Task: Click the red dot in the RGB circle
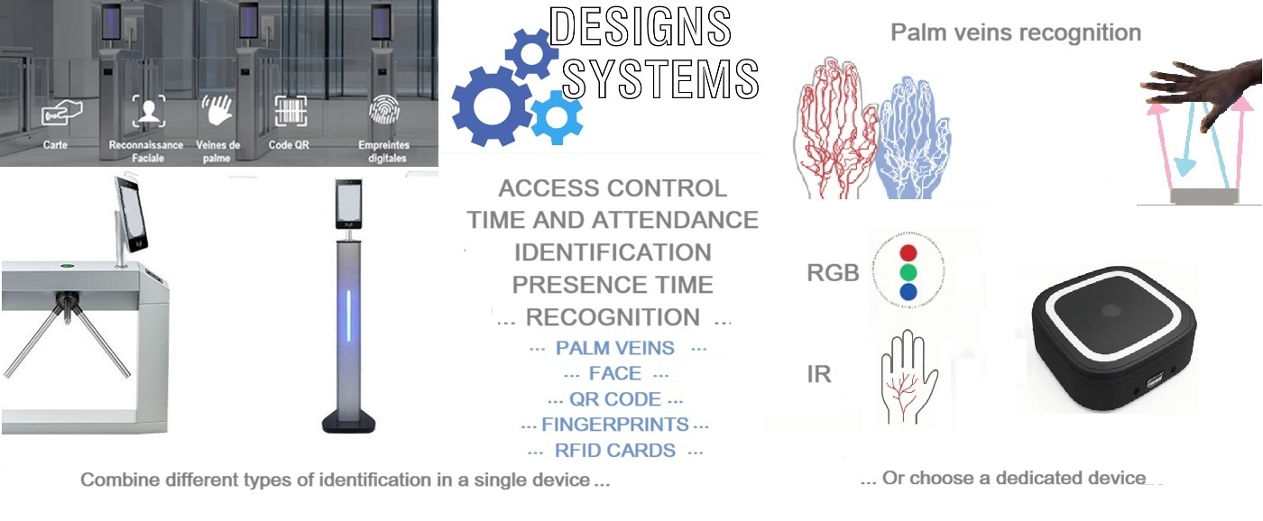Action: coord(908,252)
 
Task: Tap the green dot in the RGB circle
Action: coord(908,272)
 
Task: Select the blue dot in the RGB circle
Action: coord(908,292)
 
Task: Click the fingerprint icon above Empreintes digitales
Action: coord(384,110)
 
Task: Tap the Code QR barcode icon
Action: coord(290,110)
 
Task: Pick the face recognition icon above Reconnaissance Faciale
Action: coord(149,111)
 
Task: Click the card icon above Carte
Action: coord(62,113)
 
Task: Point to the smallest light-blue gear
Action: coord(557,117)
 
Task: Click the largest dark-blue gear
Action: coord(492,105)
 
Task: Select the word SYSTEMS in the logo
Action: coord(660,78)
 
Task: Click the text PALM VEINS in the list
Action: coord(614,348)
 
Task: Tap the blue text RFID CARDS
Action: coord(614,451)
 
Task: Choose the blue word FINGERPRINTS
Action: coord(614,425)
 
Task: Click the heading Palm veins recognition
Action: coord(1016,32)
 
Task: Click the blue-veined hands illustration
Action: coord(912,138)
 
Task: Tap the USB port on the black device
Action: coord(1154,382)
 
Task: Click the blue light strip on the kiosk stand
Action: coord(348,315)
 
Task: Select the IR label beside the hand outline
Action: coord(819,374)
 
